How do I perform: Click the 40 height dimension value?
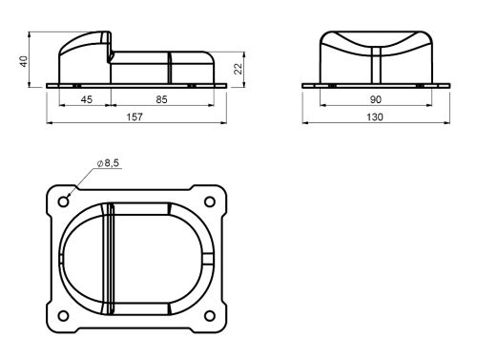click(x=24, y=61)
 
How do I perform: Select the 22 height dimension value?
click(x=238, y=69)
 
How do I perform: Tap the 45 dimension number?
click(x=87, y=99)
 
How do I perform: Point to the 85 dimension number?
click(x=161, y=99)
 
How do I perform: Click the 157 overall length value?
click(x=135, y=117)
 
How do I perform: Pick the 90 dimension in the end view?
click(x=376, y=99)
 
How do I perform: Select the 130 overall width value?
click(x=375, y=117)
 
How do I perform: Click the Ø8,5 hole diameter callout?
click(x=108, y=163)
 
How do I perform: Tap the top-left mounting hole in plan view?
click(x=64, y=201)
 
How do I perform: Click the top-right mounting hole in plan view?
click(x=210, y=201)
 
